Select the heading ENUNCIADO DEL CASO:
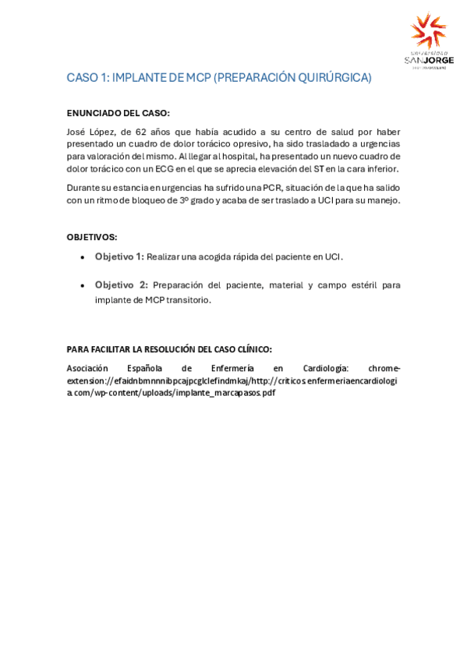coord(119,113)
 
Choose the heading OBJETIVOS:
coord(92,236)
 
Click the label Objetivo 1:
coord(119,256)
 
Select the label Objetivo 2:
coord(121,285)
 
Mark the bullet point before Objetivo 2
coord(83,286)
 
